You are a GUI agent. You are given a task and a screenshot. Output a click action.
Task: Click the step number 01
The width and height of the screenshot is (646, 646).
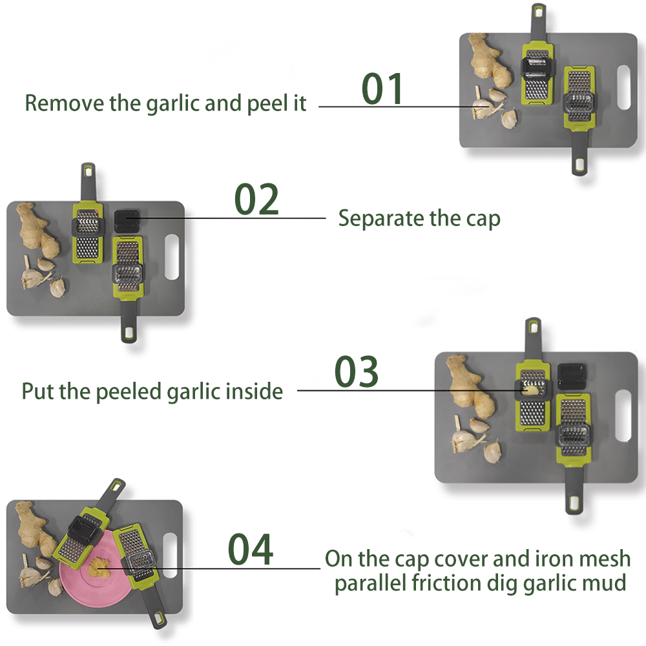[x=382, y=89]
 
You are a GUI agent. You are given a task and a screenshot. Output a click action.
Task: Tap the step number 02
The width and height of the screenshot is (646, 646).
[x=256, y=200]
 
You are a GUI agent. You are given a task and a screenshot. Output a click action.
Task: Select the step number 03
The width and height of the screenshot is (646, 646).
[x=357, y=371]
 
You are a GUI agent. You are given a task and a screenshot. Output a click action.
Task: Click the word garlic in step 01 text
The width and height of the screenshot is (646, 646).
[x=166, y=103]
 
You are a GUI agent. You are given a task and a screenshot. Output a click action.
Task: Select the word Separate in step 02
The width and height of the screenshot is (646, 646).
[x=381, y=218]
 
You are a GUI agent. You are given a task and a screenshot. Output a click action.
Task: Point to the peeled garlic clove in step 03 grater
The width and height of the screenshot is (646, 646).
[x=530, y=390]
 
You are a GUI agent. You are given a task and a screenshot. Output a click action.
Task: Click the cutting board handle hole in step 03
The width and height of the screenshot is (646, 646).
[x=624, y=408]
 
